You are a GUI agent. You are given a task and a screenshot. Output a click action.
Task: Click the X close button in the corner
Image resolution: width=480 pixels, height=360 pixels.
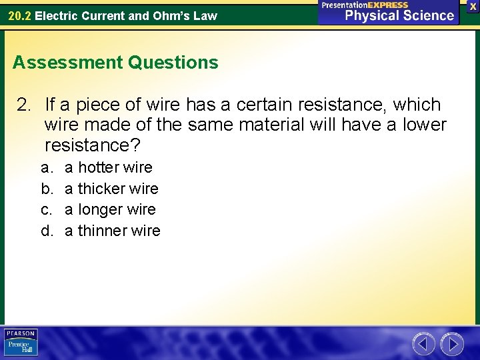tap(473, 6)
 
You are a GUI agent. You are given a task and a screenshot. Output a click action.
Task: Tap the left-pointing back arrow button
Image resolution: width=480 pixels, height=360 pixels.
tap(423, 344)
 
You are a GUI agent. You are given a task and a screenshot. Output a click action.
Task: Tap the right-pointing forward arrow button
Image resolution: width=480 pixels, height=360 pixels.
tap(452, 344)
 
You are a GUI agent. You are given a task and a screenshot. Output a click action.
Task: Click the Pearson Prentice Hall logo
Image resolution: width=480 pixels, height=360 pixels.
tap(21, 343)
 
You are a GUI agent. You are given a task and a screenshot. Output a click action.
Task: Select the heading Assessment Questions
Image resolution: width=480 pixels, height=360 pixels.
tap(115, 63)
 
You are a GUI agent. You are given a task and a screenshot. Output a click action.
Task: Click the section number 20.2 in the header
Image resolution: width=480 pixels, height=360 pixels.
tap(19, 15)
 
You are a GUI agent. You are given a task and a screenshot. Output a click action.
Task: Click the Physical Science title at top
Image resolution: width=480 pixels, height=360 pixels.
tap(399, 15)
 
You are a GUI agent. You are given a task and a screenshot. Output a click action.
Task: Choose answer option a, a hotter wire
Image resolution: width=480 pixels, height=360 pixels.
tap(108, 167)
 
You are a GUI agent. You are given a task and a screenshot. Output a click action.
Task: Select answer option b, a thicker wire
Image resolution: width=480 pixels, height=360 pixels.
tap(111, 189)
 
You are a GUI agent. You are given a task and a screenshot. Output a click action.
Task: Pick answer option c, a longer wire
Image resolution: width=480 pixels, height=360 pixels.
tap(110, 209)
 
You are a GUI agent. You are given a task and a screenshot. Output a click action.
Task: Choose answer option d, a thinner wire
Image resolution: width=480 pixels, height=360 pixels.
tap(112, 231)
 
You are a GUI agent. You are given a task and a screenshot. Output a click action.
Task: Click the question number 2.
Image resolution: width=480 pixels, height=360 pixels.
tap(24, 105)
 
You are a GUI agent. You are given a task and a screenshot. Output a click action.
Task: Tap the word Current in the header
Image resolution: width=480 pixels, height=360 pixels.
tap(105, 15)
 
